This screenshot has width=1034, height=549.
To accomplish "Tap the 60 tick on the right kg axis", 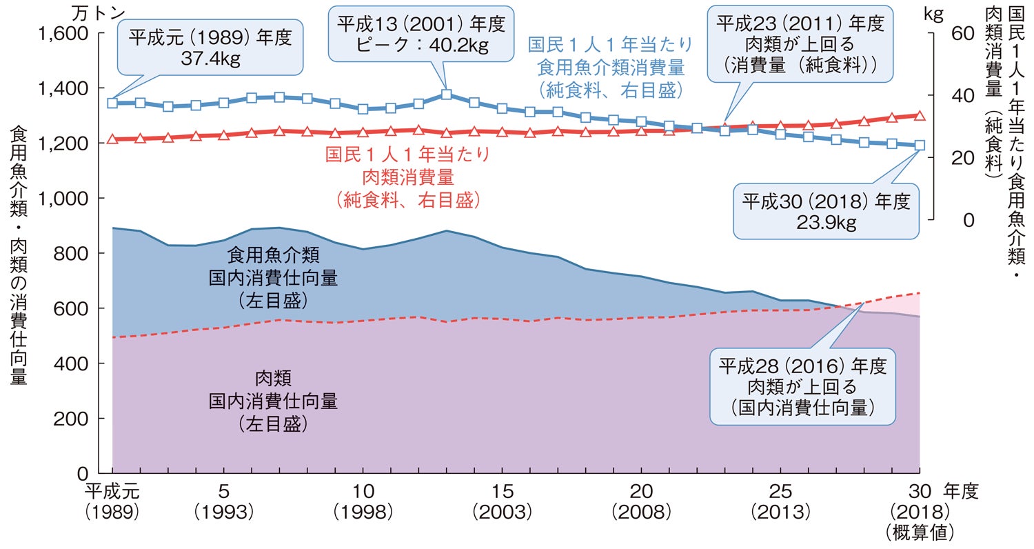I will point(964,33).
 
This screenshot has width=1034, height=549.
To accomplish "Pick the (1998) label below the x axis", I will point(363,512).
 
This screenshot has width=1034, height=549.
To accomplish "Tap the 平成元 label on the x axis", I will point(112,492).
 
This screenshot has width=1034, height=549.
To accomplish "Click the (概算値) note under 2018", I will point(920,532).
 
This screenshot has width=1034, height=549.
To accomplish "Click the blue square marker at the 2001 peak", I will point(446,94).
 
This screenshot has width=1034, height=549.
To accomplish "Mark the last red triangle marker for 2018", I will point(920,115).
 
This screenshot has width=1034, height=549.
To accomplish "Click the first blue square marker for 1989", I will point(112,103).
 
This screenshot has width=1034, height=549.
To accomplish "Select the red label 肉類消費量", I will point(408,177).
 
